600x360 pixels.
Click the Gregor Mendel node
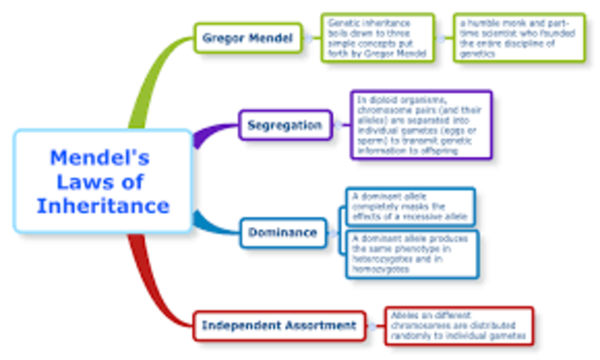point(248,38)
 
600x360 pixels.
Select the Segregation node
point(284,125)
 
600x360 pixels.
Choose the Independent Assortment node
point(279,326)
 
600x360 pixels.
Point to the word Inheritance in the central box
point(103,206)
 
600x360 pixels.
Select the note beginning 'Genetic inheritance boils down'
point(379,38)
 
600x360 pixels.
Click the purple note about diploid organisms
point(420,124)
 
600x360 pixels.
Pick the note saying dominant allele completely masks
point(407,207)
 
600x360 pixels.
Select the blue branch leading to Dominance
point(211,223)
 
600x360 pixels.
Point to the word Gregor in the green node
point(226,38)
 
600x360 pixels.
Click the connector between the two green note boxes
point(444,38)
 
